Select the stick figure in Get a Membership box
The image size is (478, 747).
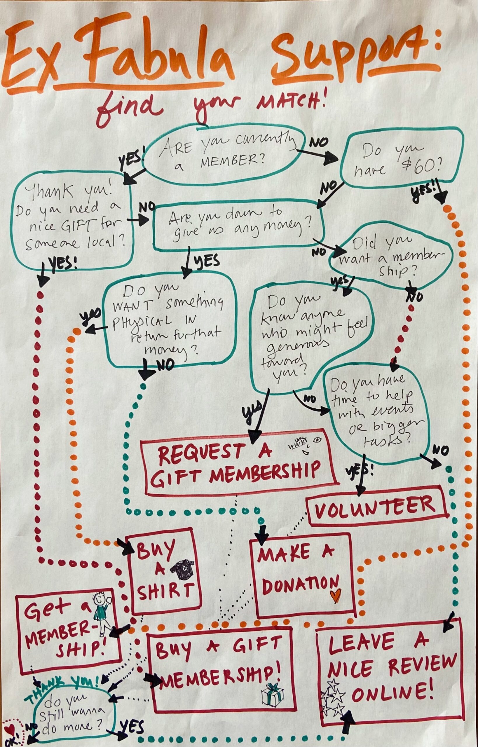coord(101,608)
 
